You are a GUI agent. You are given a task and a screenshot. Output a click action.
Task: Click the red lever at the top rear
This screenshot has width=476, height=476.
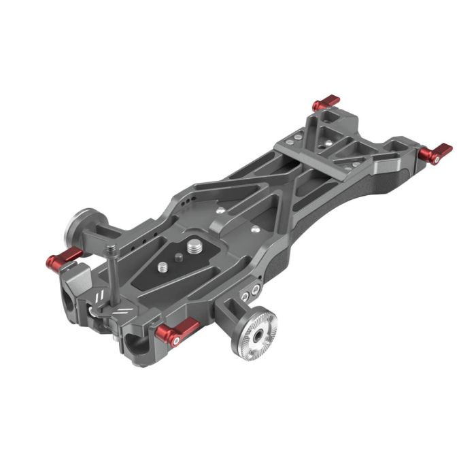coord(326,103)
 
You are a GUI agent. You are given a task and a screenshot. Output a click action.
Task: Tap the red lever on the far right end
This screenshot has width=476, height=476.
coord(435,153)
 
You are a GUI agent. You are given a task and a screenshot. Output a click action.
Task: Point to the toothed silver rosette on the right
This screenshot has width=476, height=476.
coord(257,333)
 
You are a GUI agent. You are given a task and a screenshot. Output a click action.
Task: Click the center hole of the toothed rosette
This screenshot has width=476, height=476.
coord(258,335)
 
